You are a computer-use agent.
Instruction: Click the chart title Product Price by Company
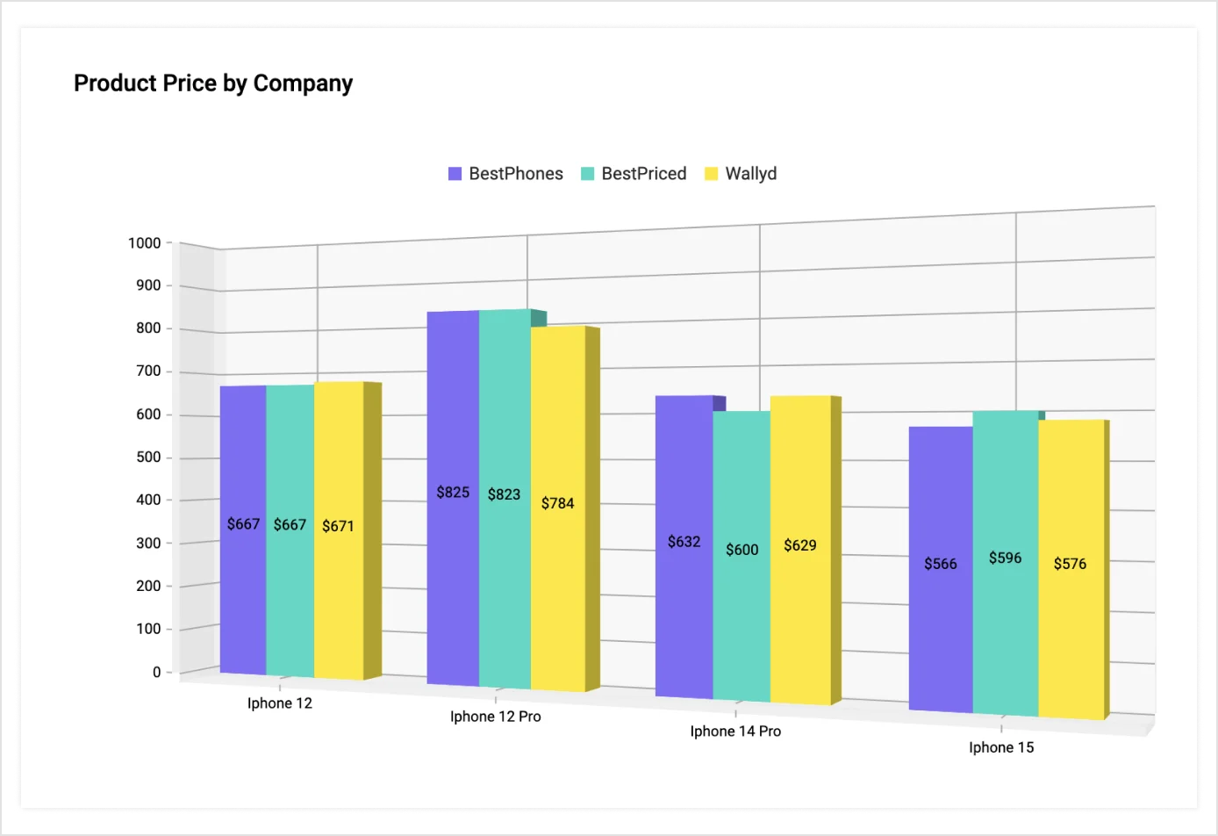point(213,83)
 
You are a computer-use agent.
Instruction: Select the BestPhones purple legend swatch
point(455,174)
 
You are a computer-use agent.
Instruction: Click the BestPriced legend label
point(643,174)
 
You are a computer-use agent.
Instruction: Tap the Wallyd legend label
point(750,174)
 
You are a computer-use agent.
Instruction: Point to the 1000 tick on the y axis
point(145,243)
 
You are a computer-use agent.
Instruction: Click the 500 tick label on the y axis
point(148,458)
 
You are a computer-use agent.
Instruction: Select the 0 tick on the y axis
point(157,673)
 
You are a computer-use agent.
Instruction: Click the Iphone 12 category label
point(279,703)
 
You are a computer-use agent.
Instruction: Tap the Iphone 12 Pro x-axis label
point(495,717)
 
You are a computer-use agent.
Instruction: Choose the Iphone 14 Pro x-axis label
point(735,731)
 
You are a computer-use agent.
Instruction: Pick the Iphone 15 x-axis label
point(1001,747)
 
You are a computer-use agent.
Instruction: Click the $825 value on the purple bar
point(453,493)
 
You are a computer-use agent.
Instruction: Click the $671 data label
point(338,526)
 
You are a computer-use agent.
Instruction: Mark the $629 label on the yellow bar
point(799,545)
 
